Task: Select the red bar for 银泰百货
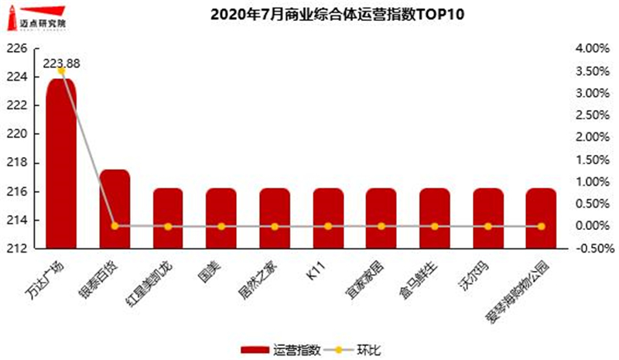pos(115,209)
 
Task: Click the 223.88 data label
pos(62,63)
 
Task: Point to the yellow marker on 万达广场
pos(61,71)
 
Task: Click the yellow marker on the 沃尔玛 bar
pos(487,226)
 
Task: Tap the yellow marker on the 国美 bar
pos(221,226)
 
